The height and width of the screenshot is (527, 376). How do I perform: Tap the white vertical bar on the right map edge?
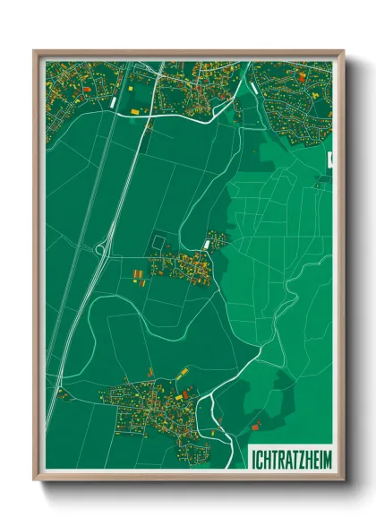(329, 161)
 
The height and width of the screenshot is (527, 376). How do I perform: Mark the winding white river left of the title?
(212, 408)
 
